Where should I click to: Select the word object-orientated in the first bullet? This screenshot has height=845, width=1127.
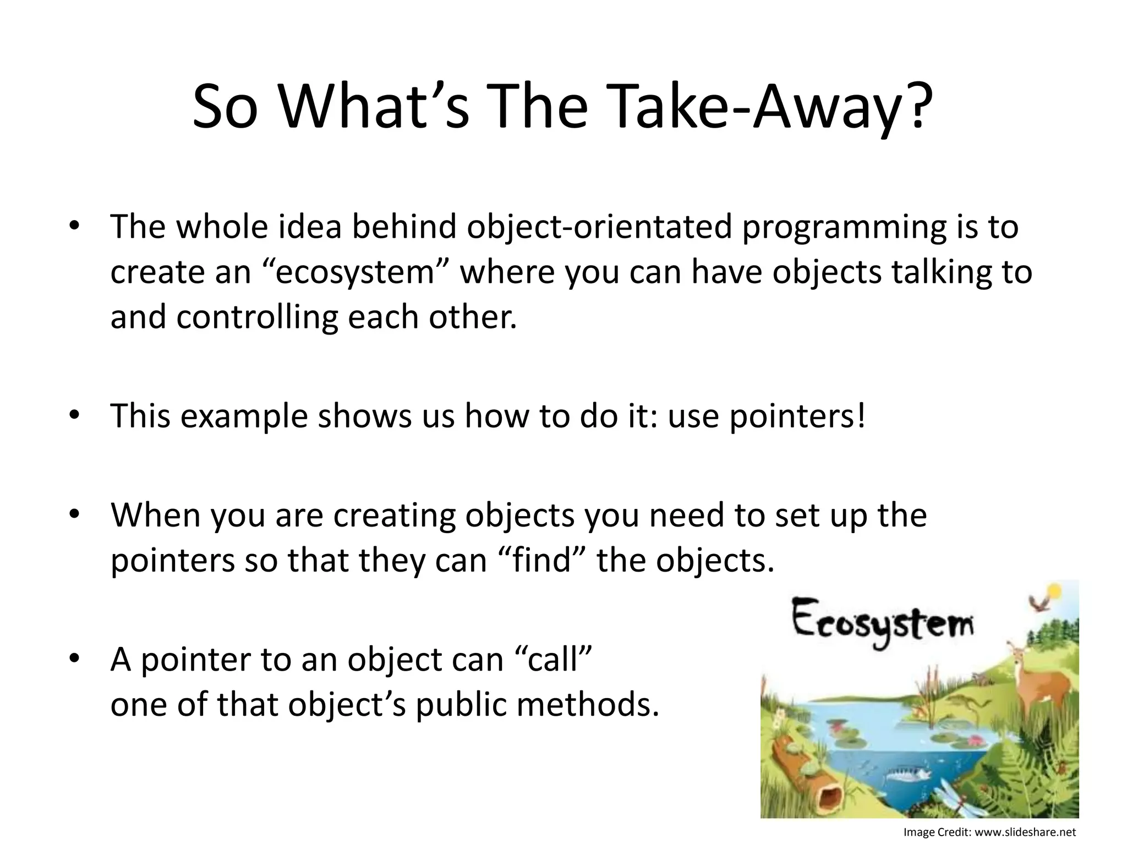(x=599, y=227)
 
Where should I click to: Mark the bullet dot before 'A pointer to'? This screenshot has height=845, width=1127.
(x=75, y=658)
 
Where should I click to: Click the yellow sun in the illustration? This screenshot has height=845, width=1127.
(x=1054, y=591)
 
